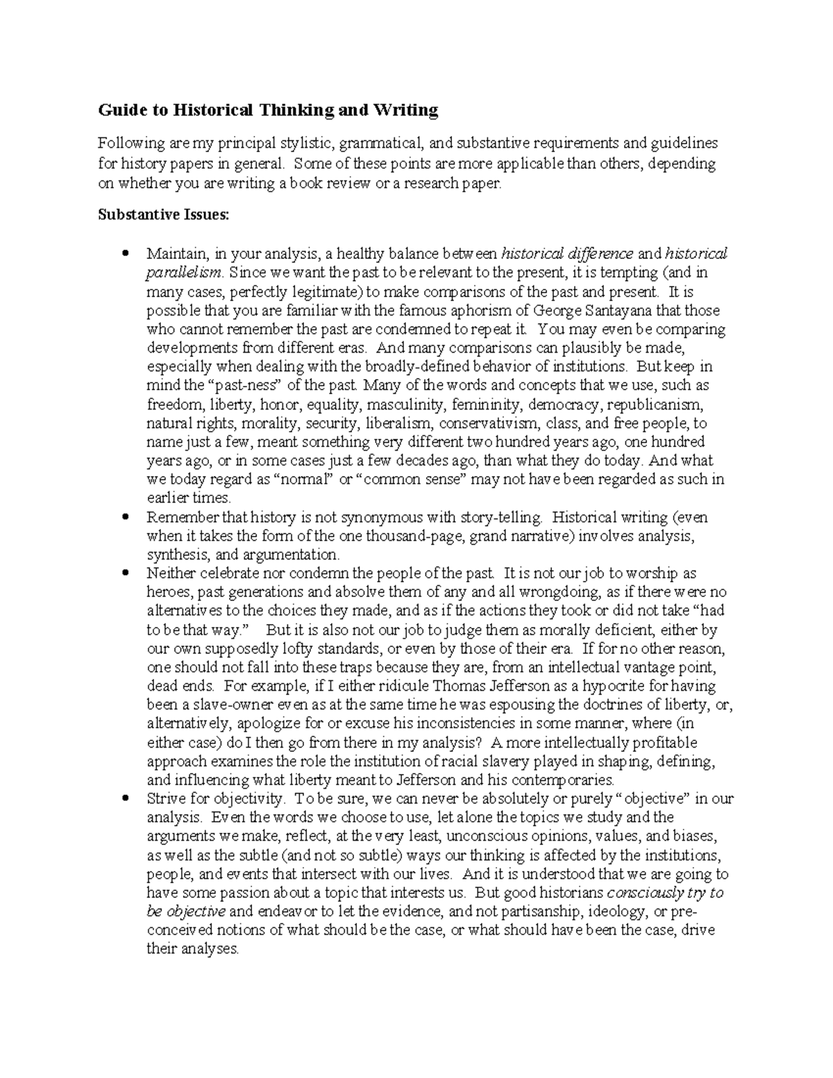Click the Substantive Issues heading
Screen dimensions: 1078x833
point(162,215)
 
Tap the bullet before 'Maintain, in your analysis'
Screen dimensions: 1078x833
point(125,254)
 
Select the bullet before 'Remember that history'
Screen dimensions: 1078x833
point(125,518)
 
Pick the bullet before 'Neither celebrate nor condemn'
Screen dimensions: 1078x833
point(125,574)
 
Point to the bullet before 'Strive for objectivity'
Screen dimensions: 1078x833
point(125,799)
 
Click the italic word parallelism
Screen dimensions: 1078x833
point(185,273)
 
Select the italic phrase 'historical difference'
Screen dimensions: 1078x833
point(567,253)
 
